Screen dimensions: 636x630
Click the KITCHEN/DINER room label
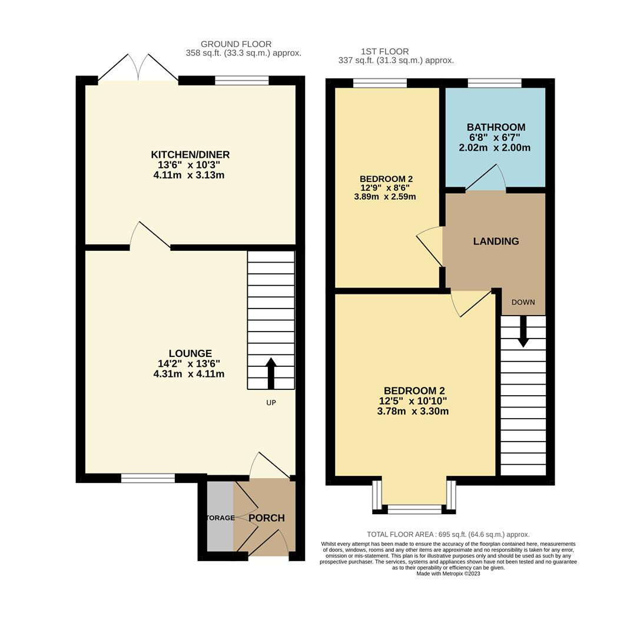(x=190, y=154)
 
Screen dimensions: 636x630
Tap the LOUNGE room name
(x=190, y=353)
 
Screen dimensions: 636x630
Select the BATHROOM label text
(x=496, y=127)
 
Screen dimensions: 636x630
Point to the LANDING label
(x=496, y=241)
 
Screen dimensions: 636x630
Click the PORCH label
(x=266, y=518)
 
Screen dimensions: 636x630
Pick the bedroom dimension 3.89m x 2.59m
(x=385, y=197)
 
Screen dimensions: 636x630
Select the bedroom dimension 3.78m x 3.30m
(x=413, y=411)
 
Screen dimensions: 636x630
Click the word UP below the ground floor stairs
(x=271, y=403)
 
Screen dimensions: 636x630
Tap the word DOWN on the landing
(x=523, y=302)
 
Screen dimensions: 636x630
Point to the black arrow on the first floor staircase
(x=523, y=332)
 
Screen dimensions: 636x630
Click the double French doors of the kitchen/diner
(x=138, y=68)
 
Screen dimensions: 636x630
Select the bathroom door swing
(x=486, y=178)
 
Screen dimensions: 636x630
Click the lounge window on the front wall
(x=148, y=478)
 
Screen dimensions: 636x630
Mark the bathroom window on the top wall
(x=495, y=83)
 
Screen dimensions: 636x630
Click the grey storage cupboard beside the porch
(x=220, y=517)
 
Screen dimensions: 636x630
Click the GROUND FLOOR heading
(x=236, y=44)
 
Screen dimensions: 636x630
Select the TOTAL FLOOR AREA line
(x=448, y=534)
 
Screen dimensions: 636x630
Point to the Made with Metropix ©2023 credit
(x=448, y=574)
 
